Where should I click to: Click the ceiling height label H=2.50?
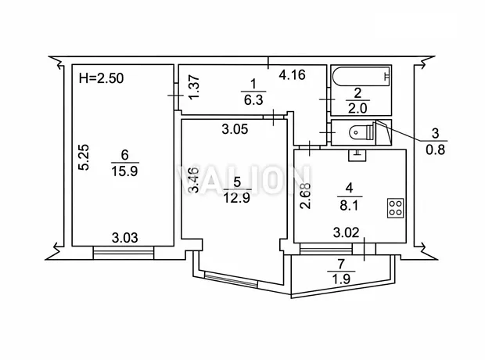point(101,78)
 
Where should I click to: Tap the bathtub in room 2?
point(361,76)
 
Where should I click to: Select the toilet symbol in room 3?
point(362,132)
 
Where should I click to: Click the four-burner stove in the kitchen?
point(396,207)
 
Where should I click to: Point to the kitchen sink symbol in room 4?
point(357,156)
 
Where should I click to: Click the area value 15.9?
point(124,171)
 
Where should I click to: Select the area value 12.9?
point(236,197)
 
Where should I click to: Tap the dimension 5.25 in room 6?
point(84,157)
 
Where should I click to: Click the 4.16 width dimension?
point(292,74)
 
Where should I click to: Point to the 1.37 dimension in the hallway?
point(194,88)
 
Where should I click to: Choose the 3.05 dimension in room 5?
point(235,129)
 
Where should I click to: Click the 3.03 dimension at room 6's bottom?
point(124,238)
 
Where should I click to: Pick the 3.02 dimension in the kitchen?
point(346,232)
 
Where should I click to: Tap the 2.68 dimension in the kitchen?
point(306,196)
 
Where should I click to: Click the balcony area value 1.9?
point(341,279)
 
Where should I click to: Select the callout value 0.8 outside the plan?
point(435,149)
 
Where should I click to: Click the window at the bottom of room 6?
point(124,252)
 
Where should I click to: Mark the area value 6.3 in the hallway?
point(253,99)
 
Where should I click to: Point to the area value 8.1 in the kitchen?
point(349,205)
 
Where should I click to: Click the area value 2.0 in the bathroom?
point(357,108)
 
